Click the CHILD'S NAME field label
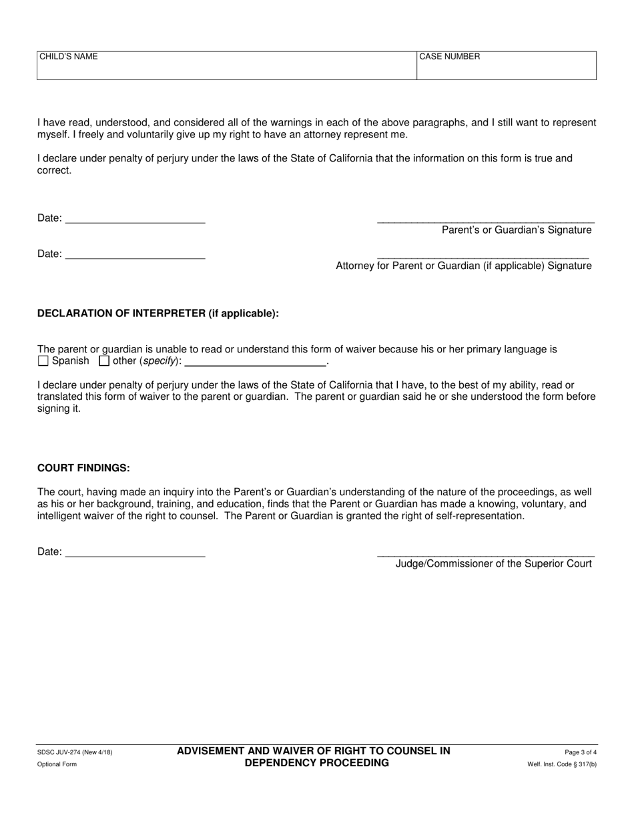[x=68, y=57]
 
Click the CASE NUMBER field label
[x=449, y=57]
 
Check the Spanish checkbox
[x=43, y=361]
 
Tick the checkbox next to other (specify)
[x=104, y=361]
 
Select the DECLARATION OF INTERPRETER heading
[x=157, y=314]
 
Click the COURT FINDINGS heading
[x=83, y=468]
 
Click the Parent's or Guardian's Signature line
[x=485, y=220]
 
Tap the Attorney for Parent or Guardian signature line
[x=483, y=256]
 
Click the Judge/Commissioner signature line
[x=485, y=554]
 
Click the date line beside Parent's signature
[x=135, y=220]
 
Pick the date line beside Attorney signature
[x=135, y=256]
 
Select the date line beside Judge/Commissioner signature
[x=135, y=554]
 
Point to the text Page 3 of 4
[x=580, y=752]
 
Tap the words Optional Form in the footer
[x=57, y=764]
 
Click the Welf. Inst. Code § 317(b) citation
[x=562, y=764]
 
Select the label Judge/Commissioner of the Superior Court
[x=493, y=564]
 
